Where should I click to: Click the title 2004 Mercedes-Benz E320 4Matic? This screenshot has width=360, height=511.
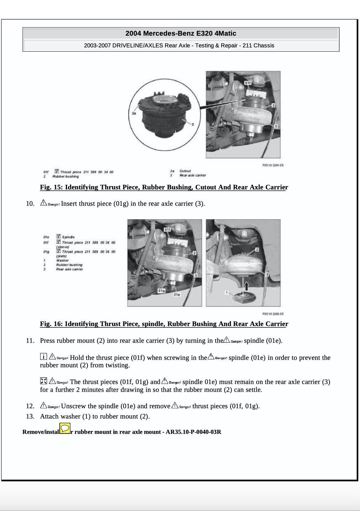[180, 33]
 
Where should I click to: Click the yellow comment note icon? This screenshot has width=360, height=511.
[65, 428]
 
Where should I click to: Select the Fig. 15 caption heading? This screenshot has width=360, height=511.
[164, 187]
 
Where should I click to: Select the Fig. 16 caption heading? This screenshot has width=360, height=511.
[164, 324]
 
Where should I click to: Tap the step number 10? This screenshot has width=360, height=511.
[30, 204]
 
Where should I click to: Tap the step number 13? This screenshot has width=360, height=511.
[30, 416]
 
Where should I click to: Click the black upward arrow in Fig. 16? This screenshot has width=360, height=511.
[246, 284]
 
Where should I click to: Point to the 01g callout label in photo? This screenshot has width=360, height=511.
[162, 291]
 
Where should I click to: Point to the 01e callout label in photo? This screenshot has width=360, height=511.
[177, 295]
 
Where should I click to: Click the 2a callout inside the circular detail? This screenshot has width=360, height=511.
[134, 113]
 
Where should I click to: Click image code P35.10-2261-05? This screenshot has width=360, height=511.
[272, 165]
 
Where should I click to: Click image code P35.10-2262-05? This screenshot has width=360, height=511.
[272, 314]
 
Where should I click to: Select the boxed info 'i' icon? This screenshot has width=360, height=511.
[43, 356]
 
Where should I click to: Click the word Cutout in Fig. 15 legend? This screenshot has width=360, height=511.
[185, 171]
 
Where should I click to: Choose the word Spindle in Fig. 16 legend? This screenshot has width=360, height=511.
[68, 237]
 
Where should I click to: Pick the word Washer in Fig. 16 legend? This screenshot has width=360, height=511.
[62, 260]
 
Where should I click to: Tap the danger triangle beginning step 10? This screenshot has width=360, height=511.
[43, 203]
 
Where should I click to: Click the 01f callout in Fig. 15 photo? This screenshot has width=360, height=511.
[248, 83]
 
